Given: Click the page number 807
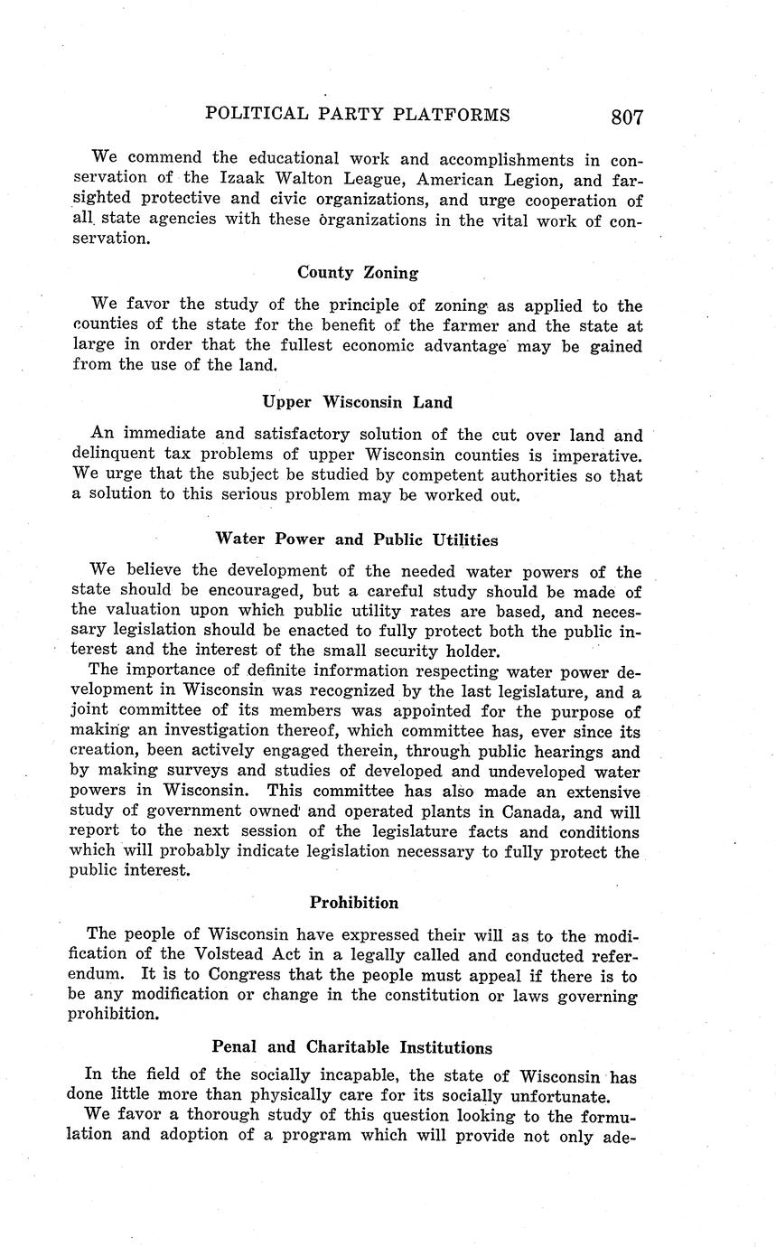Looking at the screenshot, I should click(x=626, y=117).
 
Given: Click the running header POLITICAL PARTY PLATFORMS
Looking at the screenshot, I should click(x=358, y=115).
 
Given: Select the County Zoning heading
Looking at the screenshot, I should click(x=358, y=272).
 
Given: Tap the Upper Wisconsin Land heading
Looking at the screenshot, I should click(x=358, y=402).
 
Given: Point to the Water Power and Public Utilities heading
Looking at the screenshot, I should click(x=356, y=539).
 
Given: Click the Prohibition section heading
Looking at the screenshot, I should click(x=354, y=903).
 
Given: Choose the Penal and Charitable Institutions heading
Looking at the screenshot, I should click(x=351, y=1047).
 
